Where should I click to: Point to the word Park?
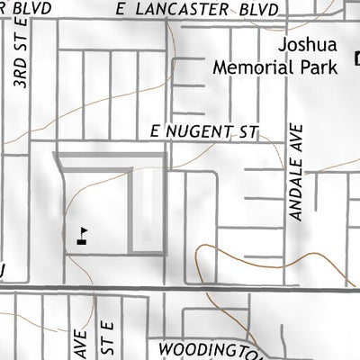[x=319, y=66]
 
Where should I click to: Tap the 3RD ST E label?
[x=20, y=58]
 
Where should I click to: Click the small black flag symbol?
[x=83, y=236]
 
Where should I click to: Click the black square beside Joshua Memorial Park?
[x=356, y=59]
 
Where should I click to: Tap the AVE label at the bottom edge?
[x=78, y=346]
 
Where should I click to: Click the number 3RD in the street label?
[x=20, y=74]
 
